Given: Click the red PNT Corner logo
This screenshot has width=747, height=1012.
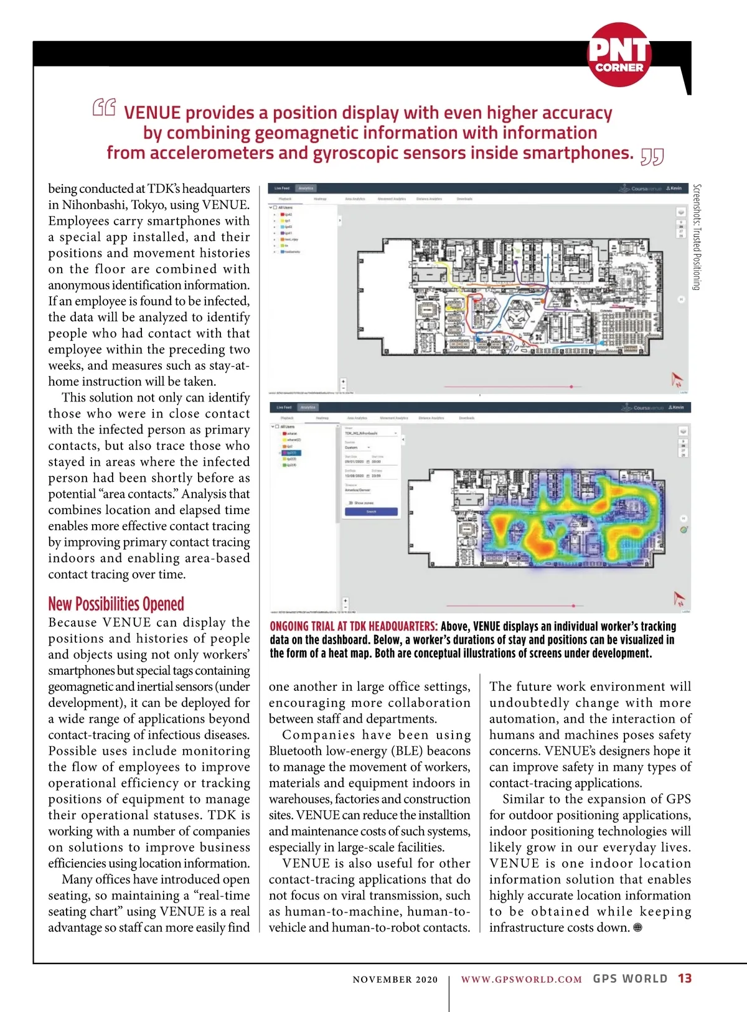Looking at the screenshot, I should (x=619, y=55).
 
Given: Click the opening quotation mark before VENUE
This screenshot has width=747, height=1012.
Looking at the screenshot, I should (x=104, y=108).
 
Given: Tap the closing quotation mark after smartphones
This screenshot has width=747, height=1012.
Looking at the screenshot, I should (x=652, y=157).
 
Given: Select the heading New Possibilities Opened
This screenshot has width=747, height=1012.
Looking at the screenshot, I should (x=116, y=604).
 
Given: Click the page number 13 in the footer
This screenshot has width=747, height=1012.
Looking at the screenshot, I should (x=685, y=978).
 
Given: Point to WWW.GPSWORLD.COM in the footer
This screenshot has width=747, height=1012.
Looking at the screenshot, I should (x=521, y=979).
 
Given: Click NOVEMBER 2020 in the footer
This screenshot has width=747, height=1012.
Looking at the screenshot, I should (x=395, y=979).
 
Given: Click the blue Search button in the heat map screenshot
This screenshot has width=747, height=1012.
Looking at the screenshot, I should (x=371, y=512).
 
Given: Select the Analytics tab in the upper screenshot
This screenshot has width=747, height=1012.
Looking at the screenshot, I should (x=306, y=188).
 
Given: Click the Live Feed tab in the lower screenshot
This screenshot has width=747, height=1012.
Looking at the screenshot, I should (x=284, y=407).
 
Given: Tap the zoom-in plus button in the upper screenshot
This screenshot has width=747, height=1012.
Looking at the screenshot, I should (x=343, y=382).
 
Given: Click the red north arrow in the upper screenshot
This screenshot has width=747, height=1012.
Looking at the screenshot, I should (x=677, y=379).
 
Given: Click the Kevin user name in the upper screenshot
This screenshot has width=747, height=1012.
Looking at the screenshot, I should (x=675, y=188).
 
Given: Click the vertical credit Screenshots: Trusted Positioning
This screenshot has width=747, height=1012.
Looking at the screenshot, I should (x=697, y=237).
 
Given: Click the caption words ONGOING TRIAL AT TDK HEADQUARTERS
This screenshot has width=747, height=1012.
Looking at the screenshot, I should (x=353, y=626).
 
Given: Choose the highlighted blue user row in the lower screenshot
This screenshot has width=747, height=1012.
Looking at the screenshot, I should (x=291, y=452).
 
